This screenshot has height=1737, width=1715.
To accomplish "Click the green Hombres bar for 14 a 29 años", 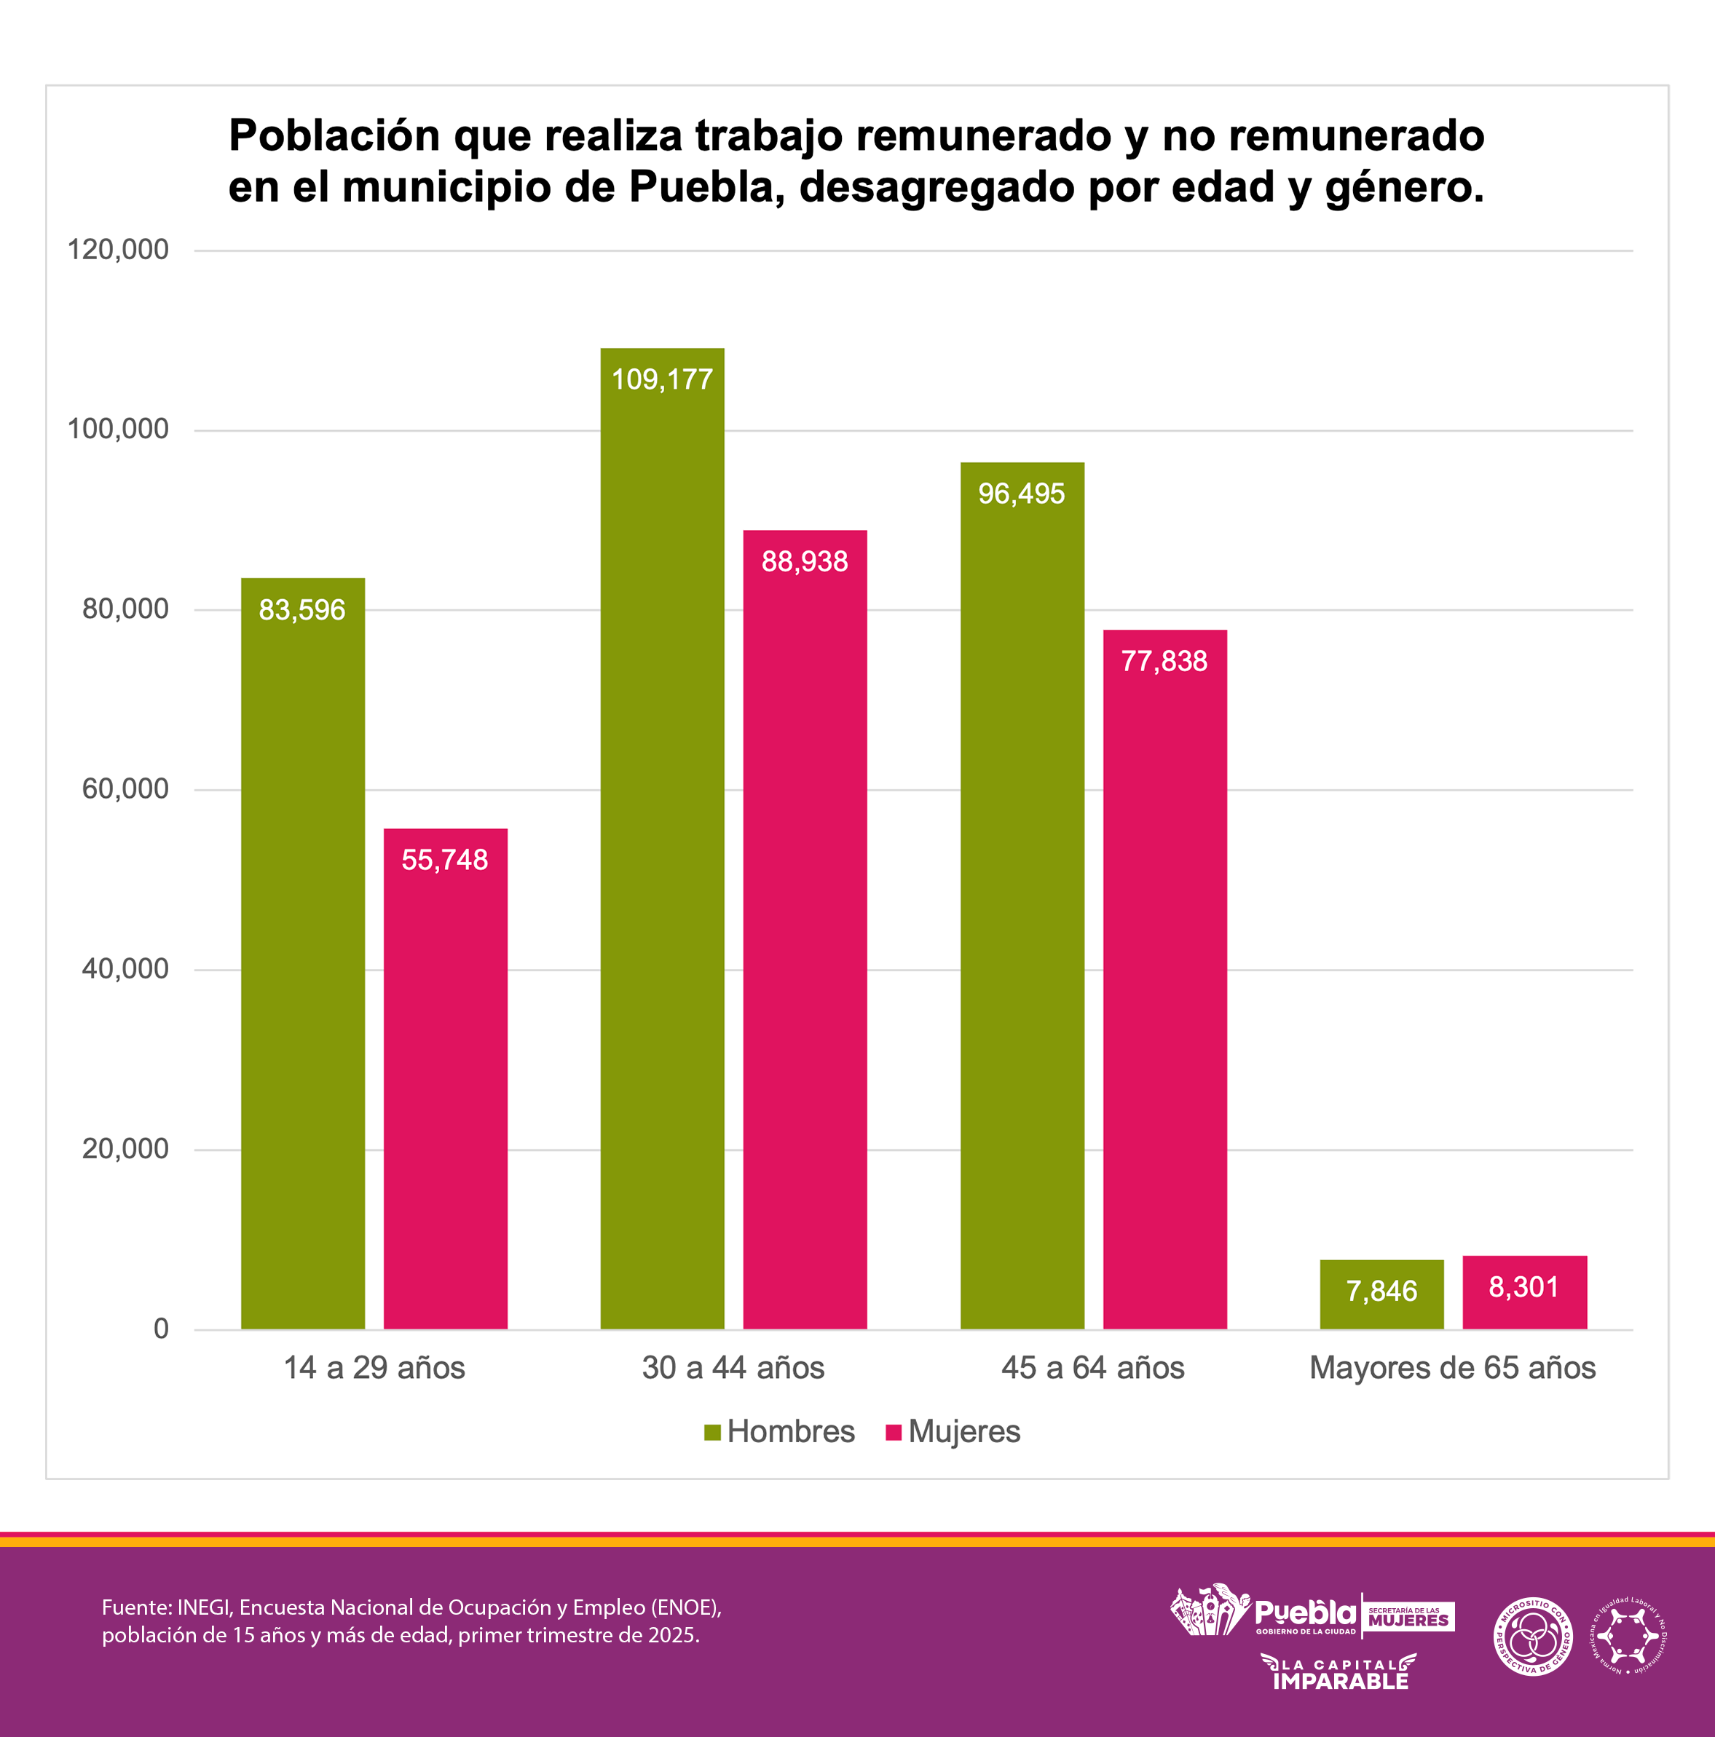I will [x=302, y=953].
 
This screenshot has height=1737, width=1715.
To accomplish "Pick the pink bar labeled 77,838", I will [x=1164, y=979].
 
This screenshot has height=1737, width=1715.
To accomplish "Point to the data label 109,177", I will [x=662, y=379].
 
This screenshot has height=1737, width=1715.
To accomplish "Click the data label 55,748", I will [x=444, y=860].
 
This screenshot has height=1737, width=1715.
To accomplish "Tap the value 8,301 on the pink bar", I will [x=1523, y=1286].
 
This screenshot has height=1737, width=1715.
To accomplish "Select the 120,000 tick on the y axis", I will [x=118, y=250].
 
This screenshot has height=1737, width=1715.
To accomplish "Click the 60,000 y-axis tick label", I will [x=125, y=788].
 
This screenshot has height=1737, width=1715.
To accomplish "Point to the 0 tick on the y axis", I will [x=161, y=1328].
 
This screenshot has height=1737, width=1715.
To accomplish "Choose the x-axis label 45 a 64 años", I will [x=1092, y=1367].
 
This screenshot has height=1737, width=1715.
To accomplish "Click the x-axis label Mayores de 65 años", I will [x=1451, y=1367].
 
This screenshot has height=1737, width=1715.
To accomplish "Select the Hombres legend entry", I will [x=778, y=1431].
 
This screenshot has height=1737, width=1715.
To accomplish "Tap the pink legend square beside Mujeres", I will [x=893, y=1432].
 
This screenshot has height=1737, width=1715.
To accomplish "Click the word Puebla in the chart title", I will [x=701, y=187].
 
